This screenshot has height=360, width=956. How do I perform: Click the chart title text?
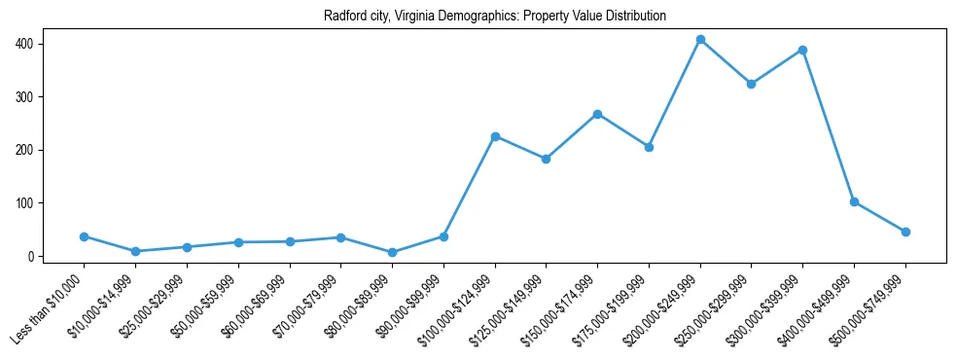click(495, 17)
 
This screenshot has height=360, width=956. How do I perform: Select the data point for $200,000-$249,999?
click(700, 40)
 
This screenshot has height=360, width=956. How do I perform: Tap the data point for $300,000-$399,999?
click(802, 50)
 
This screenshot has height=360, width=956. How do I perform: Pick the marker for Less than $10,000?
click(85, 236)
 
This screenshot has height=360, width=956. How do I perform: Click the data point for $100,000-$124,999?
click(495, 136)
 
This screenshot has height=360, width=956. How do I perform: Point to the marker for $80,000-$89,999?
click(392, 252)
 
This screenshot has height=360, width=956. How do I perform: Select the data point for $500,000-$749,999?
click(905, 232)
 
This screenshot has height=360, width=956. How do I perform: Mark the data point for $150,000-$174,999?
click(597, 114)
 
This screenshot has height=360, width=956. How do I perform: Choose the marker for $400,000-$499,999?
click(854, 201)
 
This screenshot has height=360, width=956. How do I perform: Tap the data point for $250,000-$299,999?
click(751, 84)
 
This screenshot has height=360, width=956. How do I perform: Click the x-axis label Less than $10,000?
click(49, 310)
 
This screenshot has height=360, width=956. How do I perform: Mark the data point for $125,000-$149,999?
click(546, 159)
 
